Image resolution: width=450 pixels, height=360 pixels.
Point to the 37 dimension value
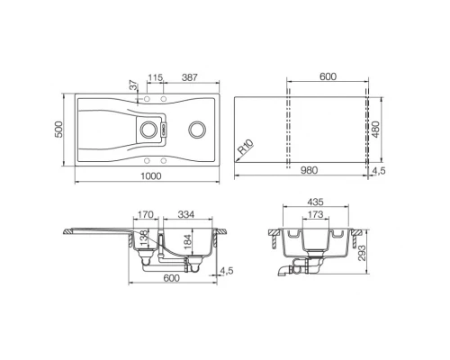(x=133, y=85)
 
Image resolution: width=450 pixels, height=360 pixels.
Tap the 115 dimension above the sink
(x=154, y=76)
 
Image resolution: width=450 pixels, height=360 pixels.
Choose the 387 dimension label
(x=190, y=76)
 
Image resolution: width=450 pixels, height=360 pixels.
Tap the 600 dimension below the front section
(x=172, y=277)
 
